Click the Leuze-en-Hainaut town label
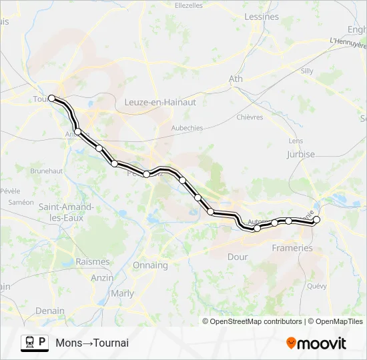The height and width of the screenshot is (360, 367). point(160,102)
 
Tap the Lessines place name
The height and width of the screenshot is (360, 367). point(262,17)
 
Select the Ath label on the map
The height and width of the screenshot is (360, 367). point(236,79)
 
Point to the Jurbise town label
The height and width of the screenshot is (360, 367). point(300,154)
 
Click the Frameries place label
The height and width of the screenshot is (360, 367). point(292,248)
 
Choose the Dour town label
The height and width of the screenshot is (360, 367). point(238,257)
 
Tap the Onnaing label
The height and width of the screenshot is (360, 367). point(150,265)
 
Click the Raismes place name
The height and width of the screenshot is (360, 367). point(92,262)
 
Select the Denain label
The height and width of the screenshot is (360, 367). point(50,311)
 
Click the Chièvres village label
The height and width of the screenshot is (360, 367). point(250,117)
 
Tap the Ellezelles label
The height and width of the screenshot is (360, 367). point(188,5)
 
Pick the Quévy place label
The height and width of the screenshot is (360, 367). point(316,286)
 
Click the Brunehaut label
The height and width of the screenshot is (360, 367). point(45,171)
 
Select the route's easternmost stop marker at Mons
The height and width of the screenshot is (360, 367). point(316,219)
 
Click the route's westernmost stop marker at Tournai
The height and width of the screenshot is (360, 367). point(51,98)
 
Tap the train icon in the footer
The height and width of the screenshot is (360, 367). point(29,343)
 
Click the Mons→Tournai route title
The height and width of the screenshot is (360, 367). point(92,343)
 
